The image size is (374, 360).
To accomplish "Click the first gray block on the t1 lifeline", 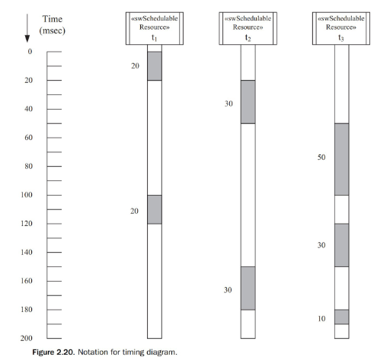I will tap(155, 65).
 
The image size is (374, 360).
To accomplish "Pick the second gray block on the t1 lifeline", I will tap(155, 209).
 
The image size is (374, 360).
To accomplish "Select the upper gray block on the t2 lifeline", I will tap(248, 101).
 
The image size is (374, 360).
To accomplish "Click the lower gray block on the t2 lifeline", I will tap(248, 288).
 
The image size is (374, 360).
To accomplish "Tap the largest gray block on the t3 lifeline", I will tap(341, 159).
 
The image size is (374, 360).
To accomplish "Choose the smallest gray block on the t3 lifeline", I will tap(341, 317).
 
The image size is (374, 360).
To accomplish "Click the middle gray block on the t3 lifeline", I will tap(341, 245).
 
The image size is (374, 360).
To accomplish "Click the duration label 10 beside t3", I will tap(321, 318).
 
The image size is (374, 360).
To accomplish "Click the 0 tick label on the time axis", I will tap(30, 52).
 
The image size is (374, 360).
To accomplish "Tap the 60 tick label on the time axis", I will tap(29, 138).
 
